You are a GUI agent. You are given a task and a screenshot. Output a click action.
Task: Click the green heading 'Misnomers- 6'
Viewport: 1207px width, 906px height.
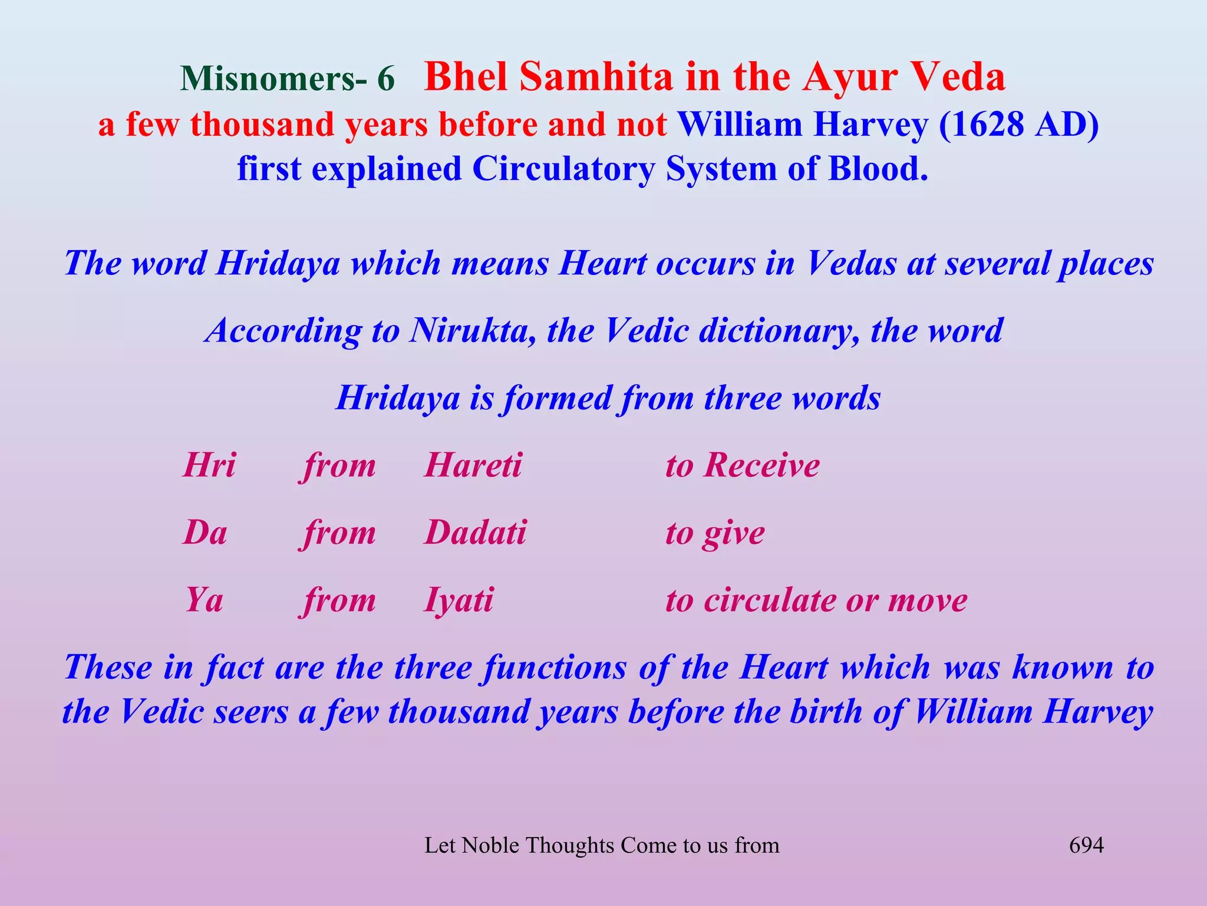click(x=287, y=78)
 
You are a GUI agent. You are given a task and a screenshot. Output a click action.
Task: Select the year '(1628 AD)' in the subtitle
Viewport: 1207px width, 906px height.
click(x=1019, y=124)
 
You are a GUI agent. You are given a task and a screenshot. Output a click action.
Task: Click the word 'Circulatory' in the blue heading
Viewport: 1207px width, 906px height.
click(x=563, y=169)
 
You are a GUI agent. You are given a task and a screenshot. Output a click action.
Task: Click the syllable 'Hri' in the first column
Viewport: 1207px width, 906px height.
click(x=209, y=465)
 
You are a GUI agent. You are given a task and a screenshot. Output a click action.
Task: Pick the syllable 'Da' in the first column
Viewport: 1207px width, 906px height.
click(x=205, y=533)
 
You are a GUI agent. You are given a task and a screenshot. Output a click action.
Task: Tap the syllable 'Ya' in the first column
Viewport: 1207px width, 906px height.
click(x=204, y=600)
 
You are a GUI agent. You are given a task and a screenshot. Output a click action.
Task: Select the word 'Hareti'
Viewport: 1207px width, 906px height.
click(x=473, y=465)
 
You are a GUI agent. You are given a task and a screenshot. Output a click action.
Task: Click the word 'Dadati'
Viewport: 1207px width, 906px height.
click(x=475, y=533)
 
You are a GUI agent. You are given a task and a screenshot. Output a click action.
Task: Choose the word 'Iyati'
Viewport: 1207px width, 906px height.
click(x=459, y=600)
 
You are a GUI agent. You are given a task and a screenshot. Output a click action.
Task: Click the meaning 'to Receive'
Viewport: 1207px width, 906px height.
click(x=743, y=465)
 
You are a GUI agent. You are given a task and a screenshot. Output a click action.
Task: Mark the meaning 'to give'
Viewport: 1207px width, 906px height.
click(x=715, y=533)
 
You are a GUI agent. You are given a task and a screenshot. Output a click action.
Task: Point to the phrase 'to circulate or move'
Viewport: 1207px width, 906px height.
click(x=816, y=600)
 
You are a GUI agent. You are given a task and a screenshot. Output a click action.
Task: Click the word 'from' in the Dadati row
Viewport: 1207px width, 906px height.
click(x=338, y=533)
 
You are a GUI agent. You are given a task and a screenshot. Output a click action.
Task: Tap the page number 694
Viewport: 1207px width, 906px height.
click(x=1086, y=845)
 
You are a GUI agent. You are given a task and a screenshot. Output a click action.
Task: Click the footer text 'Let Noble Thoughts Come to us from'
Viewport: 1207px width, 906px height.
click(x=602, y=845)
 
